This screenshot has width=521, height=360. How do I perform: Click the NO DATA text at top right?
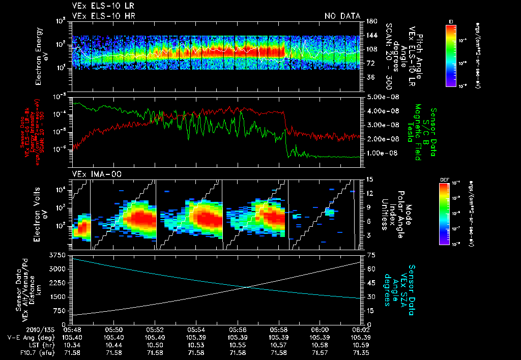tap(342, 16)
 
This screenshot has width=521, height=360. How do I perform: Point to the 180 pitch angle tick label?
tap(367, 21)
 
